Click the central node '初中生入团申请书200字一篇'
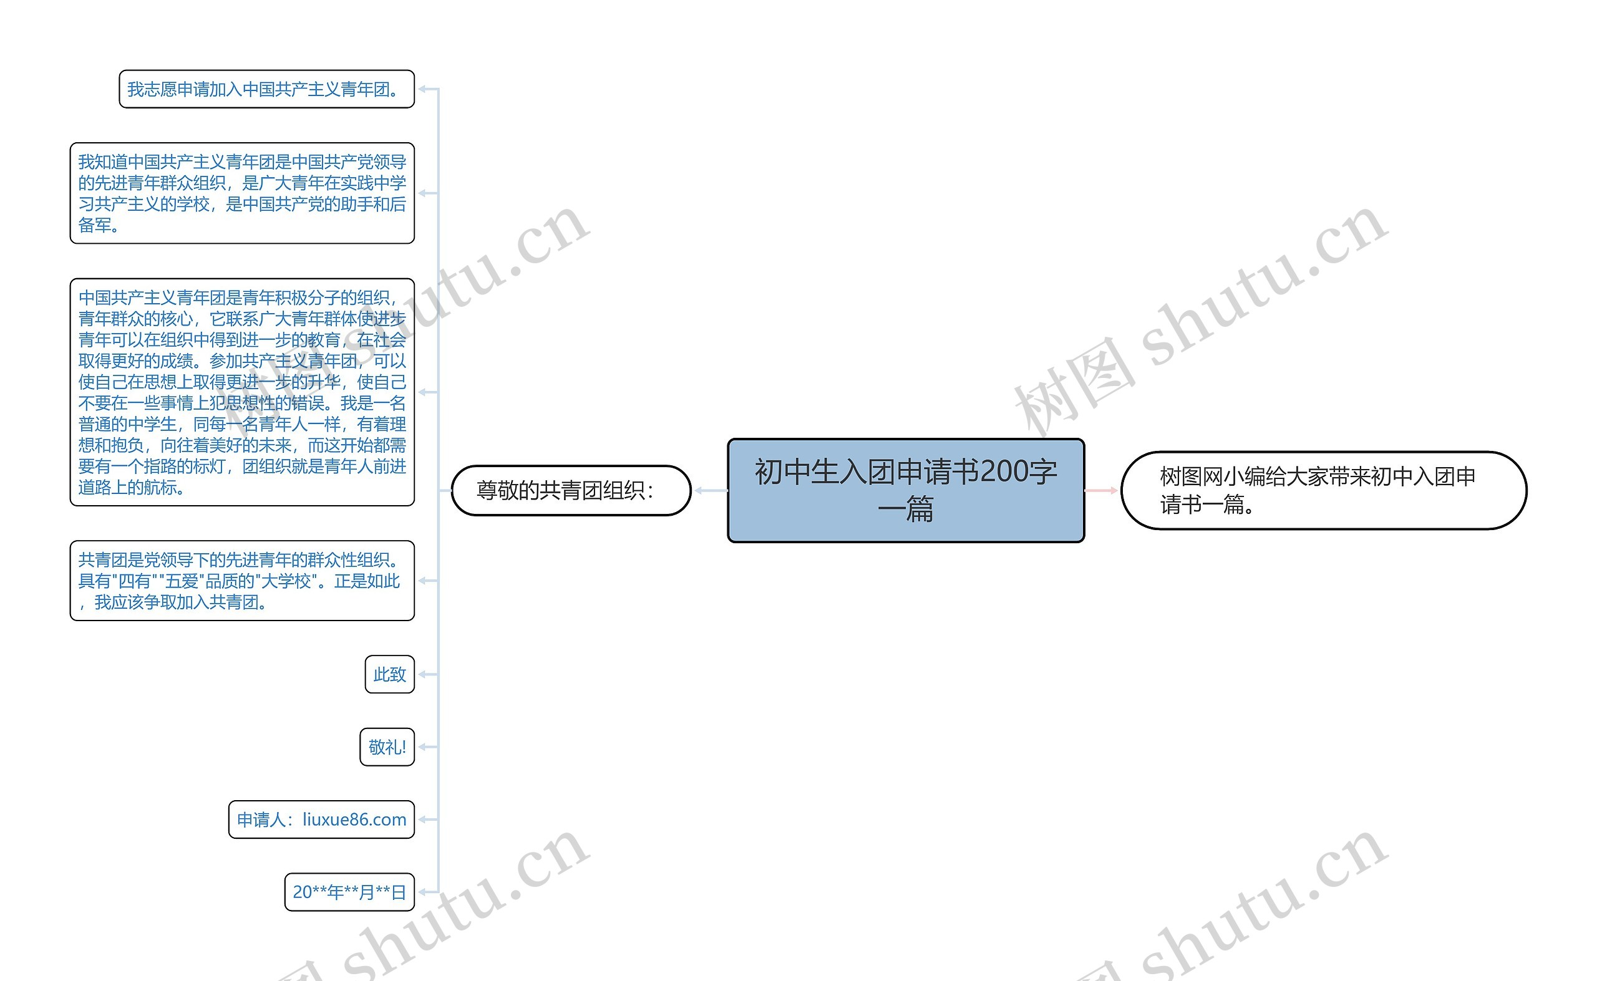(905, 490)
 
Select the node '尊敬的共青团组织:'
(570, 490)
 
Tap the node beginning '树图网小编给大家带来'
(1323, 490)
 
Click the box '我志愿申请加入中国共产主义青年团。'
(266, 90)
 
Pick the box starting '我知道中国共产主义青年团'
(241, 193)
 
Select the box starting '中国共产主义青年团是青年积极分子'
(241, 392)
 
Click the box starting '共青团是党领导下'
(241, 581)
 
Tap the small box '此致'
(389, 675)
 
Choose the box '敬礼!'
(387, 747)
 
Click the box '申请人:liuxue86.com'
(321, 820)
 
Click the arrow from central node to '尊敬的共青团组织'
(711, 490)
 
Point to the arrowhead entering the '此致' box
(422, 675)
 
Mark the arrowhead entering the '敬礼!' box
(422, 747)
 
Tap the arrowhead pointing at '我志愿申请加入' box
(422, 90)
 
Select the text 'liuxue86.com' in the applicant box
(354, 820)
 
